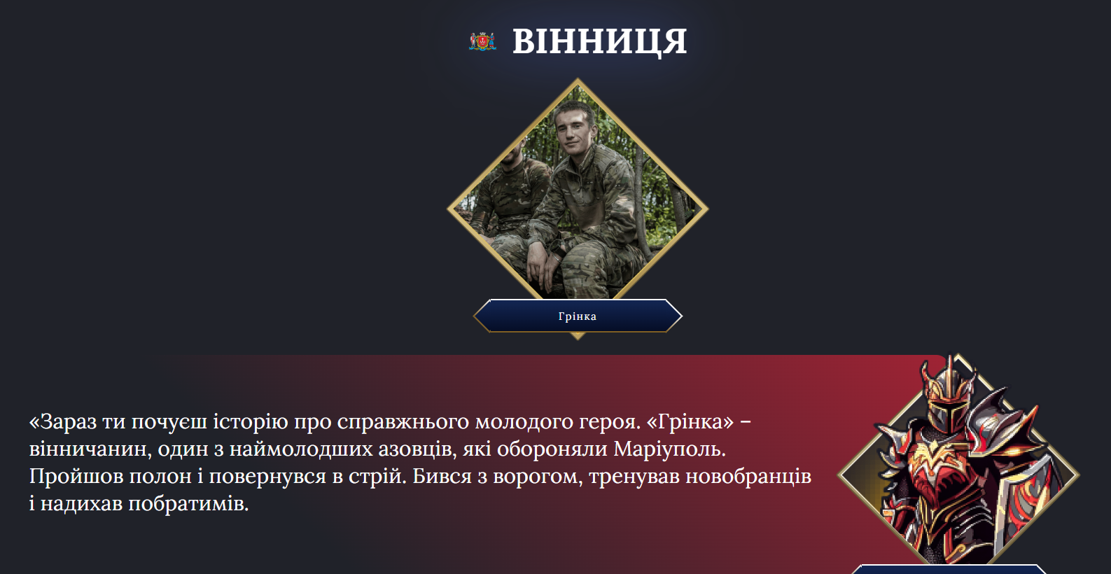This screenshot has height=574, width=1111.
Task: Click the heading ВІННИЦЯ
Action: click(x=599, y=41)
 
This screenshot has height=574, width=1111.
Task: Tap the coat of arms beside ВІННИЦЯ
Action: click(x=482, y=42)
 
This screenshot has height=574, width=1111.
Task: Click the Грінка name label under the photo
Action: click(x=578, y=316)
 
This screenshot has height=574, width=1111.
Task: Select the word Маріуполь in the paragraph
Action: click(x=669, y=449)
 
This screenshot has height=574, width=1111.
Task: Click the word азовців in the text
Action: click(x=417, y=449)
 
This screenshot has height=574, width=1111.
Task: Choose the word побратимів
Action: click(x=188, y=503)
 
